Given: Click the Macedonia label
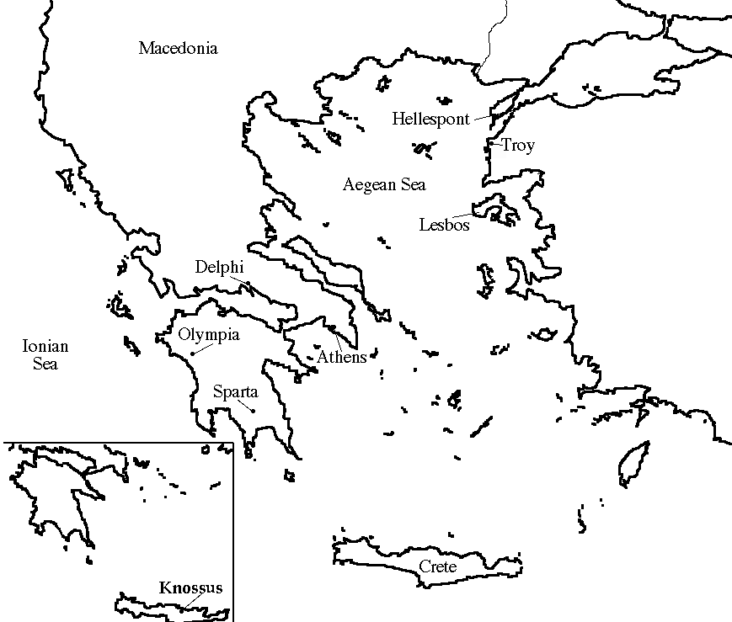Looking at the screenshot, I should [x=178, y=48].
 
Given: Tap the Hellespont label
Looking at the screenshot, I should [x=430, y=120].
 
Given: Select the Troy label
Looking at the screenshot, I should [x=518, y=146].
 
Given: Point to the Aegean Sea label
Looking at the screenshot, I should [x=384, y=185].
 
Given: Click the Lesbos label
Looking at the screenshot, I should [x=444, y=225].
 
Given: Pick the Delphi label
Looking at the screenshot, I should [x=219, y=267].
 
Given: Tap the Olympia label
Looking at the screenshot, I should [x=209, y=335].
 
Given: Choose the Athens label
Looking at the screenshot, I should [x=341, y=358].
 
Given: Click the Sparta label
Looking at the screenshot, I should [x=235, y=391].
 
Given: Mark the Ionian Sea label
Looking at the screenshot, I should [x=45, y=354].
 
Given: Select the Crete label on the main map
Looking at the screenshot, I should [x=437, y=566].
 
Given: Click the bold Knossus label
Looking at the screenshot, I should [x=191, y=588].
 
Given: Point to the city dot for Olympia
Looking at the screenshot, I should [x=193, y=354].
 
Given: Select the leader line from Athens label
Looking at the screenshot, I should [x=338, y=338].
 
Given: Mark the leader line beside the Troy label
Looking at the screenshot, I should [x=496, y=144].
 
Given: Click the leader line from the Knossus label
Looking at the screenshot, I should [x=195, y=599].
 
